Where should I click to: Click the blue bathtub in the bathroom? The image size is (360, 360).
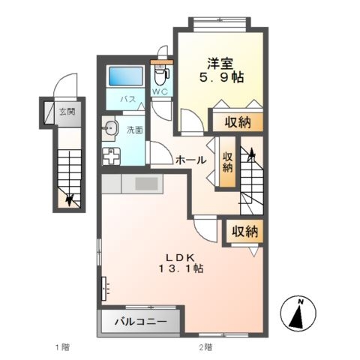coord(126,76)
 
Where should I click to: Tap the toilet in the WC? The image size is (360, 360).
coord(159,74)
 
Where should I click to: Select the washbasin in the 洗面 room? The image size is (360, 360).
coord(110,129)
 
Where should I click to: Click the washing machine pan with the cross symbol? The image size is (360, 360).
coord(111,156)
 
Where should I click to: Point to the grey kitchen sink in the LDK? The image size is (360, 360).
coord(147,184)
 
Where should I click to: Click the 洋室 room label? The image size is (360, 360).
coord(220,64)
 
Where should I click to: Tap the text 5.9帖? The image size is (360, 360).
coord(221,77)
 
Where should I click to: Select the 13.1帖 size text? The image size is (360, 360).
coord(181,268)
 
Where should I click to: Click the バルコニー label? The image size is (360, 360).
coord(141,321)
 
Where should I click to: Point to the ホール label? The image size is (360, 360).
coord(191,160)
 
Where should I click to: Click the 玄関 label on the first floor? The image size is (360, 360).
coord(67,111)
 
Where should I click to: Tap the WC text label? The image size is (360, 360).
coord(160,91)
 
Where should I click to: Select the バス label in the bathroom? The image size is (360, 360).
coord(127,99)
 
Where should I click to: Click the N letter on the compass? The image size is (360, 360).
coord(301,302)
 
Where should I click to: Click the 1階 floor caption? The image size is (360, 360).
coord(62,347)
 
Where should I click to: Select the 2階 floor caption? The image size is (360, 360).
coord(205,347)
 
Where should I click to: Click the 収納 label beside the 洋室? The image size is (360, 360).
coord(237,122)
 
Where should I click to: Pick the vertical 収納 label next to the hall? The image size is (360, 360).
coord(227,162)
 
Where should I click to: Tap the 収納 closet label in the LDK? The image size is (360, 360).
coord(244,231)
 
